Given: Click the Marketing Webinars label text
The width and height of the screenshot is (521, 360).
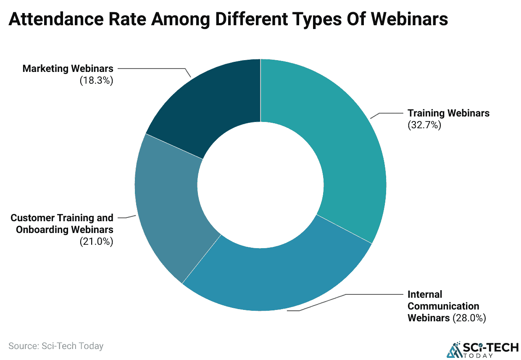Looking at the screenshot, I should tap(68, 69).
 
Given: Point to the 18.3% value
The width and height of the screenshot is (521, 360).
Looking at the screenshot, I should tap(97, 80).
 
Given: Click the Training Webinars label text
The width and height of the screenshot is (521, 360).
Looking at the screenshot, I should tap(448, 113).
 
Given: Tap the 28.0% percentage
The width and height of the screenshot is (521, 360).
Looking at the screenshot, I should tap(469, 318).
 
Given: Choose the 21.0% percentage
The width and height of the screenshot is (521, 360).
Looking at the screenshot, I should tap(97, 241).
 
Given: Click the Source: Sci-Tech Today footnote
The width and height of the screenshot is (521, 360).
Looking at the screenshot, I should tap(56, 346).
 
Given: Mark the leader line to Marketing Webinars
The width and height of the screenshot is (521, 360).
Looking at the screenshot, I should tap(168, 69).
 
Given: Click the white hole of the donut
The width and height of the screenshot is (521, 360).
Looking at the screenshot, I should tap(260, 185).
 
